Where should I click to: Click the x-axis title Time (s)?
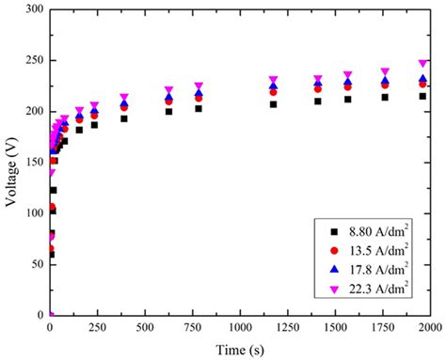point(240,350)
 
